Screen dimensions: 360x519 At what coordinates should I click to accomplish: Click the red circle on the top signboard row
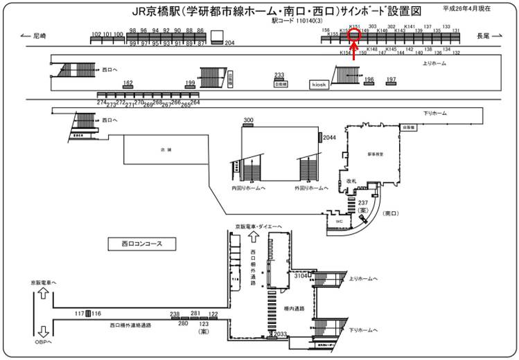pyautogui.click(x=354, y=30)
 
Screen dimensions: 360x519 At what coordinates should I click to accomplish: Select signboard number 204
pyautogui.click(x=230, y=43)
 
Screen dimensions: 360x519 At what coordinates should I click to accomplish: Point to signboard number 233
pyautogui.click(x=279, y=75)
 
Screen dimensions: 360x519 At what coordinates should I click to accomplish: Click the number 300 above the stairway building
pyautogui.click(x=248, y=120)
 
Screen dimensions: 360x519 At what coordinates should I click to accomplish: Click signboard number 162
pyautogui.click(x=127, y=82)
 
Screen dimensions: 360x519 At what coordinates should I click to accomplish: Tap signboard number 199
pyautogui.click(x=191, y=82)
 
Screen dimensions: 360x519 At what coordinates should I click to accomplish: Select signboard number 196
pyautogui.click(x=369, y=80)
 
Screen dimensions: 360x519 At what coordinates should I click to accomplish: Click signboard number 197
pyautogui.click(x=392, y=80)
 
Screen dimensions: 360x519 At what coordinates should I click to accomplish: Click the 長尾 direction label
pyautogui.click(x=483, y=35)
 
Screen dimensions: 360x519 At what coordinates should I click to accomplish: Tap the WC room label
pyautogui.click(x=339, y=221)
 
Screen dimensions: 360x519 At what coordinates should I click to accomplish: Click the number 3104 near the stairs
pyautogui.click(x=301, y=276)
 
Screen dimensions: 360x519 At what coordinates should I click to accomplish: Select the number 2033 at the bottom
pyautogui.click(x=280, y=334)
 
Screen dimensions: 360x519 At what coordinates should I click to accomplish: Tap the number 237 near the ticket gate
pyautogui.click(x=362, y=201)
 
